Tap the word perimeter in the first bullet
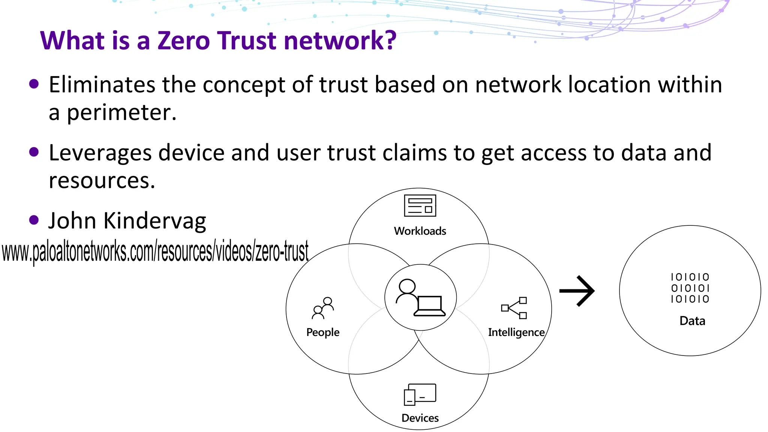[x=121, y=112]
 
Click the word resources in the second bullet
[x=102, y=181]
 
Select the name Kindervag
[x=154, y=221]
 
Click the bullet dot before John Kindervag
[x=34, y=220]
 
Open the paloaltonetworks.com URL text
[x=155, y=252]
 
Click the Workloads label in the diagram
[x=420, y=231]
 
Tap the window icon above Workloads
[x=420, y=205]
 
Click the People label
[x=322, y=332]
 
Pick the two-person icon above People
[x=323, y=308]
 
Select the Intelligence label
[x=516, y=332]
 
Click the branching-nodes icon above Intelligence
[x=514, y=308]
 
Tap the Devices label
[x=420, y=418]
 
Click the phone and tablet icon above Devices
[x=420, y=394]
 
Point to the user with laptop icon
[x=420, y=298]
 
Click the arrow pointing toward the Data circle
[x=577, y=291]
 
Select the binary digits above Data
[x=690, y=288]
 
